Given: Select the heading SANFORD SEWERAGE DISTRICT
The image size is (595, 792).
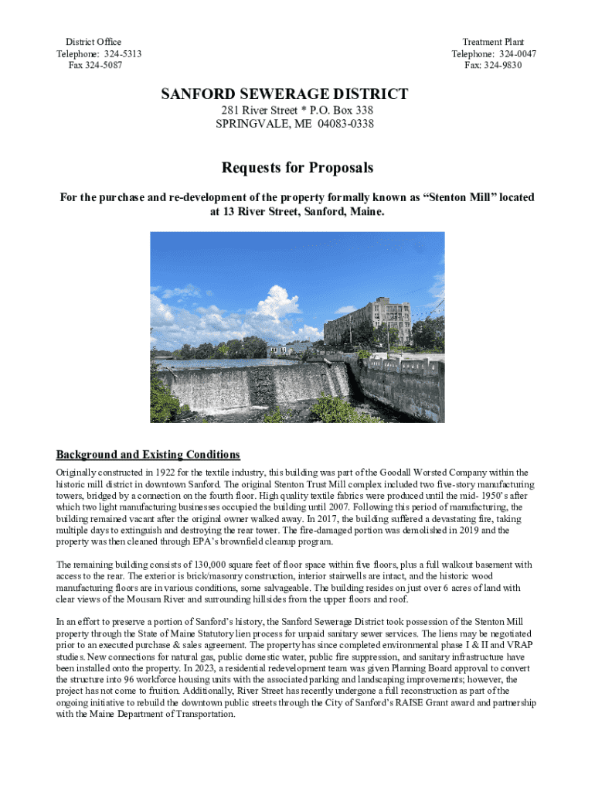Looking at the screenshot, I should pos(284,94).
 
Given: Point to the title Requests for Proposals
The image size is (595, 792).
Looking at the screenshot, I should pos(297,168).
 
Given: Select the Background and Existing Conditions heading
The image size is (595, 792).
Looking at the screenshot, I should pos(148,454).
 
